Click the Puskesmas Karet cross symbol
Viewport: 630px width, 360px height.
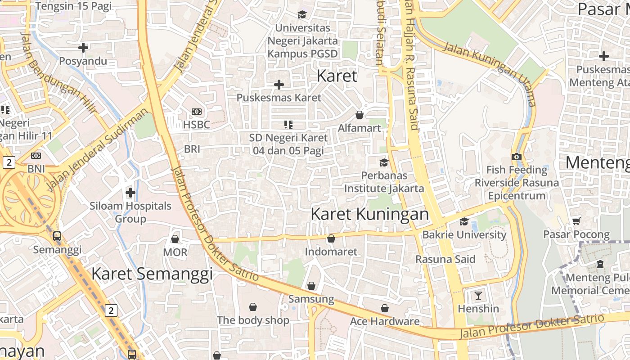coord(279,84)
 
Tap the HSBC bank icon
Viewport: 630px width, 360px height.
coord(197,112)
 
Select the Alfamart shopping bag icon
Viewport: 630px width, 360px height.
coord(359,115)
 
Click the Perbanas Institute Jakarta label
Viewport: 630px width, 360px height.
coord(384,182)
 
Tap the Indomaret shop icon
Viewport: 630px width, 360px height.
coord(331,238)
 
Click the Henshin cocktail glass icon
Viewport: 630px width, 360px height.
coord(478,296)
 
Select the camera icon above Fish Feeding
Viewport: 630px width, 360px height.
coord(516,157)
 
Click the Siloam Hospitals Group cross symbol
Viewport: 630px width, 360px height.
coord(130,193)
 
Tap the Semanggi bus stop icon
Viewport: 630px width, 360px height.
coord(57,236)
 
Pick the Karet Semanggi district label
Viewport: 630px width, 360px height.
coord(152,274)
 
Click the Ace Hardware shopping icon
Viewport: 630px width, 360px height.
coord(385,308)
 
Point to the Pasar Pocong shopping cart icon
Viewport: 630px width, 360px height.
coord(576,221)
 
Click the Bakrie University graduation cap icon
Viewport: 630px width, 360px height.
coord(464,221)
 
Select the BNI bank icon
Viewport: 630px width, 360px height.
coord(36,156)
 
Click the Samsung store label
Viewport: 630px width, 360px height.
coord(311,299)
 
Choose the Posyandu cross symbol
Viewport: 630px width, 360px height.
coord(83,47)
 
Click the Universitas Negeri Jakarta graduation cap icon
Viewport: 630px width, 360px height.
coord(302,14)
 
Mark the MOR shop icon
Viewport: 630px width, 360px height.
coord(175,238)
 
